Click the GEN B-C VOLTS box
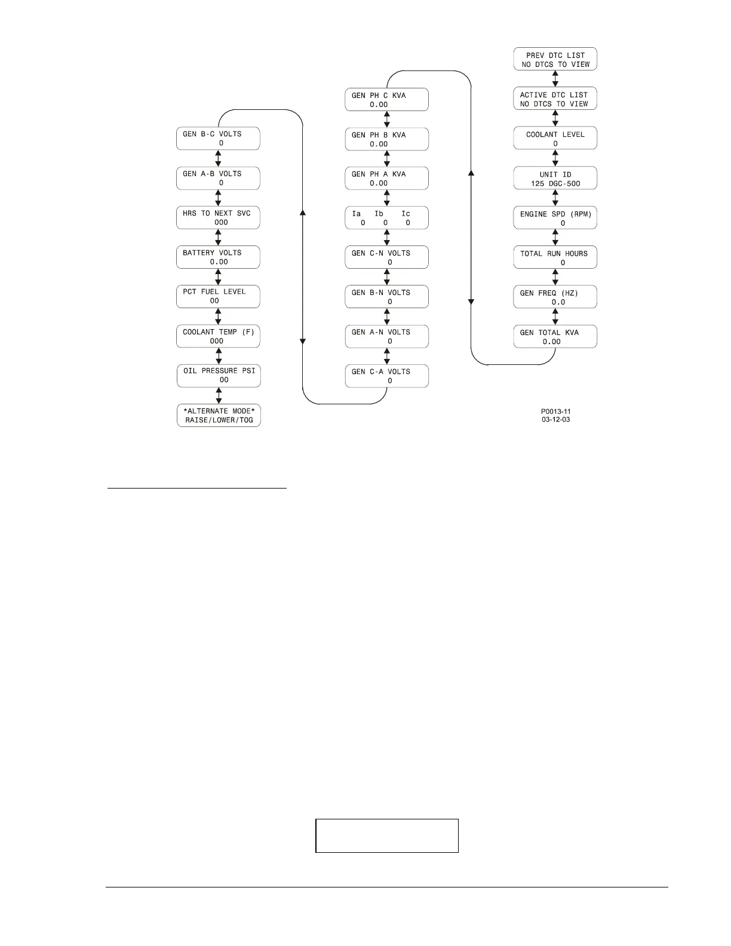coord(218,139)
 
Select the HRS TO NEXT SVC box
coord(218,217)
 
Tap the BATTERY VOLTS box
coord(218,257)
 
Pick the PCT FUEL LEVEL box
coord(218,296)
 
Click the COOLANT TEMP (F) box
coord(218,336)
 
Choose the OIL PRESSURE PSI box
coord(219,375)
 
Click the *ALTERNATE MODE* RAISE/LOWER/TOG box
coord(219,415)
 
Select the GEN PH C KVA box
coord(386,100)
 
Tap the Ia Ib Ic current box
coord(386,218)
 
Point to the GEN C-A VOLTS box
coord(386,376)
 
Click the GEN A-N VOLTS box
coord(386,336)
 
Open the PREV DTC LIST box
coord(555,60)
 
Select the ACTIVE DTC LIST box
coord(555,99)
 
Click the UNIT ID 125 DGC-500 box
coord(555,179)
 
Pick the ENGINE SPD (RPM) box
coord(555,218)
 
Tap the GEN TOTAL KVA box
coord(555,337)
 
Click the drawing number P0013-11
coord(555,411)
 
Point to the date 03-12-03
coord(555,419)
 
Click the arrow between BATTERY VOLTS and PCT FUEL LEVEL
coord(218,277)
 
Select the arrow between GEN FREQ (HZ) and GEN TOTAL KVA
coord(555,317)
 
